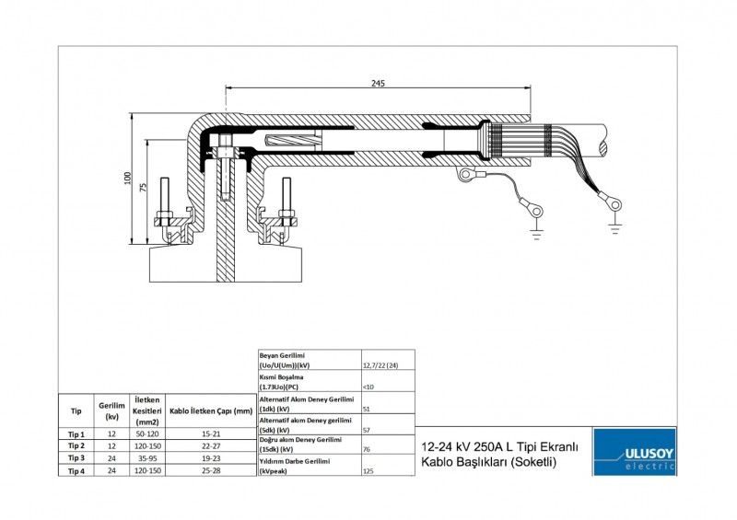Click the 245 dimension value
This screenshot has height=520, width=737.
tap(378, 83)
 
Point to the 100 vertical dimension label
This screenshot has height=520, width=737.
tap(128, 178)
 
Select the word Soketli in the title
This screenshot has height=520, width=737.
tap(535, 463)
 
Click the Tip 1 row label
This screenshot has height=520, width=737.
tap(76, 434)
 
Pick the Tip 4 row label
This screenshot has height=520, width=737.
tap(76, 469)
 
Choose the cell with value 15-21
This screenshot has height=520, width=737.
tap(211, 434)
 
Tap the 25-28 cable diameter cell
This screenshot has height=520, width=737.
tap(211, 469)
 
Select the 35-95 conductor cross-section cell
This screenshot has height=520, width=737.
tap(148, 457)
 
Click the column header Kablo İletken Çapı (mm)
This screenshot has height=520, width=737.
tap(211, 411)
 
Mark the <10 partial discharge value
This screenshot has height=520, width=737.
tap(368, 387)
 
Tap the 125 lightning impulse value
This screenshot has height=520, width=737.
tap(369, 470)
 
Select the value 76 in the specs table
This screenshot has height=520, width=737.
tap(368, 449)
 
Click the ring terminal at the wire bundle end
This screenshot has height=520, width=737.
tap(609, 196)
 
